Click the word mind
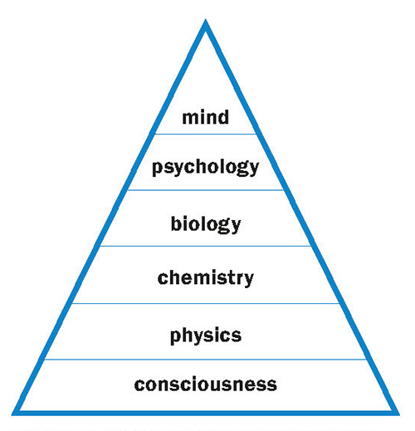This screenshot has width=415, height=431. pyautogui.click(x=206, y=117)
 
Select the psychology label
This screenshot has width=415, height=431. pyautogui.click(x=205, y=168)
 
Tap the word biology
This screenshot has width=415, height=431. pyautogui.click(x=206, y=224)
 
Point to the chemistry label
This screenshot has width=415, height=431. pyautogui.click(x=206, y=278)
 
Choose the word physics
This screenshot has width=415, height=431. pyautogui.click(x=206, y=335)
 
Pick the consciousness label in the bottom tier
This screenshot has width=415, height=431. pyautogui.click(x=206, y=384)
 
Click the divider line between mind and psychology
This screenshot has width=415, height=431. pyautogui.click(x=206, y=135)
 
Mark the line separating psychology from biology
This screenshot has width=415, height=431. pyautogui.click(x=206, y=190)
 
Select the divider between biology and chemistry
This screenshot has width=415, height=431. pyautogui.click(x=206, y=246)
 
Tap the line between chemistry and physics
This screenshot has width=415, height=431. pyautogui.click(x=206, y=304)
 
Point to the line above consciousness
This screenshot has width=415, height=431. pyautogui.click(x=206, y=360)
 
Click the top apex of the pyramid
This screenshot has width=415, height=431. pyautogui.click(x=206, y=19)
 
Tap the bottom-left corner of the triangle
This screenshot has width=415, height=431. pyautogui.click(x=12, y=415)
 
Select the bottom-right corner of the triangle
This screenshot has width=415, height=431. pyautogui.click(x=399, y=415)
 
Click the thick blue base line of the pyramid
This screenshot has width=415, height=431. pyautogui.click(x=206, y=413)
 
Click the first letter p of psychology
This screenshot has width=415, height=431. pyautogui.click(x=158, y=169)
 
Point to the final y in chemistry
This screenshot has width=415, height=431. pyautogui.click(x=248, y=280)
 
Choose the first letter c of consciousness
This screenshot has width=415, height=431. pyautogui.click(x=139, y=385)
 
